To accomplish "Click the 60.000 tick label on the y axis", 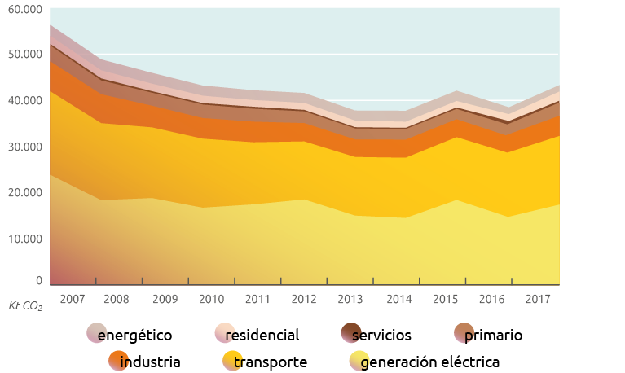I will pyautogui.click(x=24, y=8).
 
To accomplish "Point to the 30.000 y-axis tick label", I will pyautogui.click(x=24, y=147).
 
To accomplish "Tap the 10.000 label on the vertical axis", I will pyautogui.click(x=24, y=239).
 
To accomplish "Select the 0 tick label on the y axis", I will pyautogui.click(x=39, y=280).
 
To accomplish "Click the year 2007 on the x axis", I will pyautogui.click(x=73, y=299).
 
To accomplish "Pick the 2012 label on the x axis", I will pyautogui.click(x=304, y=299).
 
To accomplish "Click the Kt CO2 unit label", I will pyautogui.click(x=25, y=306).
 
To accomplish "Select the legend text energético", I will pyautogui.click(x=134, y=335).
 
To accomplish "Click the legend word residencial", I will pyautogui.click(x=262, y=335).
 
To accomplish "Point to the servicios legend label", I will pyautogui.click(x=388, y=335).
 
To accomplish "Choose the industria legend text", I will pyautogui.click(x=150, y=362).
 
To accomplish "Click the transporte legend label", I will pyautogui.click(x=270, y=362).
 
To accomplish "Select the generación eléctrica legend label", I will pyautogui.click(x=429, y=362).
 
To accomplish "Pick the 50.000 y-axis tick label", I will pyautogui.click(x=24, y=55).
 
